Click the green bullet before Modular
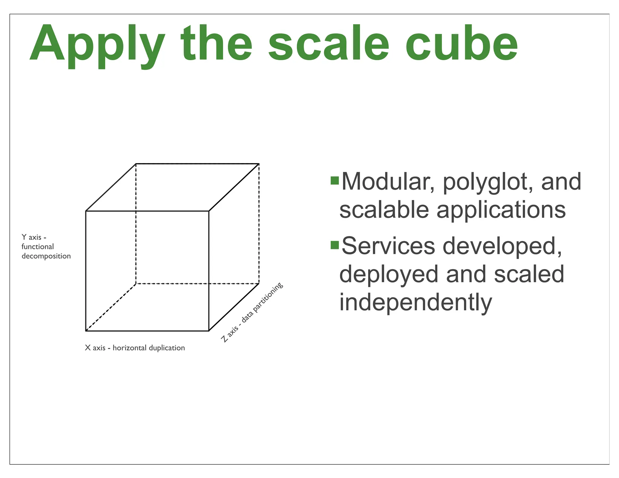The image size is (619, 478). (x=335, y=181)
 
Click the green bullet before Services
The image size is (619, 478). (x=335, y=245)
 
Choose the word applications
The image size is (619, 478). (x=501, y=210)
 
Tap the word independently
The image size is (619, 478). (x=416, y=302)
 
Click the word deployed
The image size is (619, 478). (x=389, y=274)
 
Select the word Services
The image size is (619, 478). (x=388, y=246)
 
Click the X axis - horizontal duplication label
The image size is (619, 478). (x=135, y=348)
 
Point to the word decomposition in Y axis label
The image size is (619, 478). (x=46, y=256)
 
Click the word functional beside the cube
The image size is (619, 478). (x=38, y=247)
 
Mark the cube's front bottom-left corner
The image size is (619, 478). (x=86, y=331)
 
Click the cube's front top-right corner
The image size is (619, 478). (x=209, y=211)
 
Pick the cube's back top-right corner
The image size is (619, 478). (x=259, y=164)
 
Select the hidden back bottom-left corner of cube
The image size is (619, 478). (x=136, y=283)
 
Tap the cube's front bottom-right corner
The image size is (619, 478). (x=209, y=331)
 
